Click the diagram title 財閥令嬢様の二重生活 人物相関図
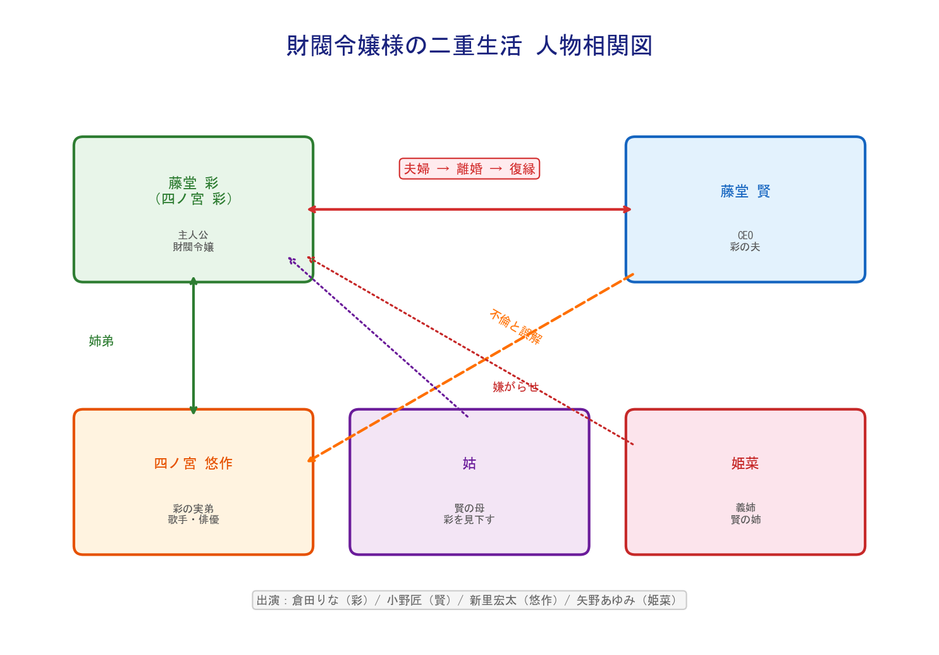tap(469, 46)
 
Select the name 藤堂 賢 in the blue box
tap(745, 191)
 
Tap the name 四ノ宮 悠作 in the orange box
tap(193, 463)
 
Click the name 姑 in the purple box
tap(469, 463)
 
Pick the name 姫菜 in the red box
tap(745, 463)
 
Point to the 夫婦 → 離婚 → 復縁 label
tap(469, 169)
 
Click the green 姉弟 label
tap(101, 341)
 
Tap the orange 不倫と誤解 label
tap(515, 326)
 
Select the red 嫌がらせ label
tap(515, 387)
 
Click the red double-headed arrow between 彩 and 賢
tap(469, 209)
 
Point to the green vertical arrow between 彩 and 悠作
tap(193, 345)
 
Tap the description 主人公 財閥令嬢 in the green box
tap(193, 241)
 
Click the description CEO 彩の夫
tap(745, 241)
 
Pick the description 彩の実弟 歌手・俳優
tap(193, 514)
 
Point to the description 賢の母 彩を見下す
tap(469, 514)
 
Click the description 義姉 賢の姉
tap(745, 513)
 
